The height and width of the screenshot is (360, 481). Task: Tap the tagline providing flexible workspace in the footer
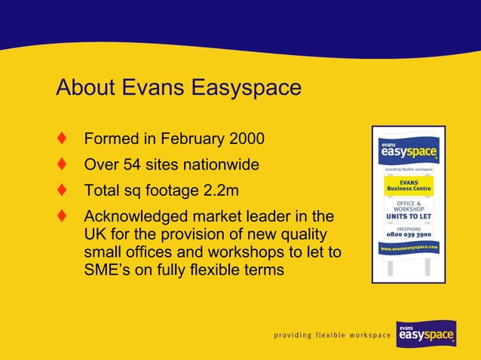tap(332, 334)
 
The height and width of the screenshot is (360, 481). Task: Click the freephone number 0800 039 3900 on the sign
tap(409, 233)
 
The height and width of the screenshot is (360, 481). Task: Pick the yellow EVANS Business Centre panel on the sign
tap(409, 185)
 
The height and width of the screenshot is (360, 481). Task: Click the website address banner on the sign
tap(409, 247)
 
